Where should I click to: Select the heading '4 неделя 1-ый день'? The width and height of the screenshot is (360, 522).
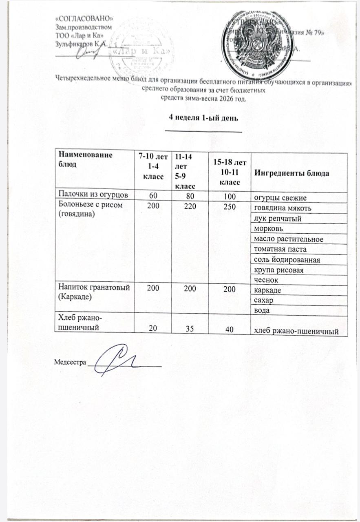(203, 117)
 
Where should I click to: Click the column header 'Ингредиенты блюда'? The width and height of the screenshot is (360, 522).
(292, 173)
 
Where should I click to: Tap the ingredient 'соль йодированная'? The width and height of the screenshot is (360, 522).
(286, 259)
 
